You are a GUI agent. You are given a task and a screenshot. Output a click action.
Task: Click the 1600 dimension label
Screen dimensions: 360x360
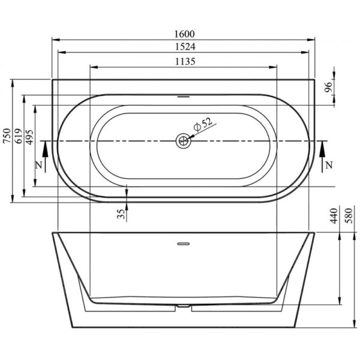coord(184,34)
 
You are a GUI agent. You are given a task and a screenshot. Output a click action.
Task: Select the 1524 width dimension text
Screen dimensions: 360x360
coord(185,47)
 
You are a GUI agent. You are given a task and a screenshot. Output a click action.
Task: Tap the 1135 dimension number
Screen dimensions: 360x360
coord(185,62)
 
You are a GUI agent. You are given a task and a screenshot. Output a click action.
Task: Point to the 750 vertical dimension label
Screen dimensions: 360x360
coord(7,136)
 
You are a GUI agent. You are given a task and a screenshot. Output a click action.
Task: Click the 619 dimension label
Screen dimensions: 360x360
coord(19,136)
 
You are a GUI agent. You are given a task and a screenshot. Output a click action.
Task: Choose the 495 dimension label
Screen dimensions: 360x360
coord(29,137)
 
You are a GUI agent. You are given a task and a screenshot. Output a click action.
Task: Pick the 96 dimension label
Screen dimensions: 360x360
coord(328,87)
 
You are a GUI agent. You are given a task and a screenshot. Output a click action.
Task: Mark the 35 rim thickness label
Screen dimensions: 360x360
coord(121,214)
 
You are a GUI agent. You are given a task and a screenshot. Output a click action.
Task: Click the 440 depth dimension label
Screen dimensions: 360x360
coord(334,216)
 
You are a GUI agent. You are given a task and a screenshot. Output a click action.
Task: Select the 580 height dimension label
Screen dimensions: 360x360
coord(348,216)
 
